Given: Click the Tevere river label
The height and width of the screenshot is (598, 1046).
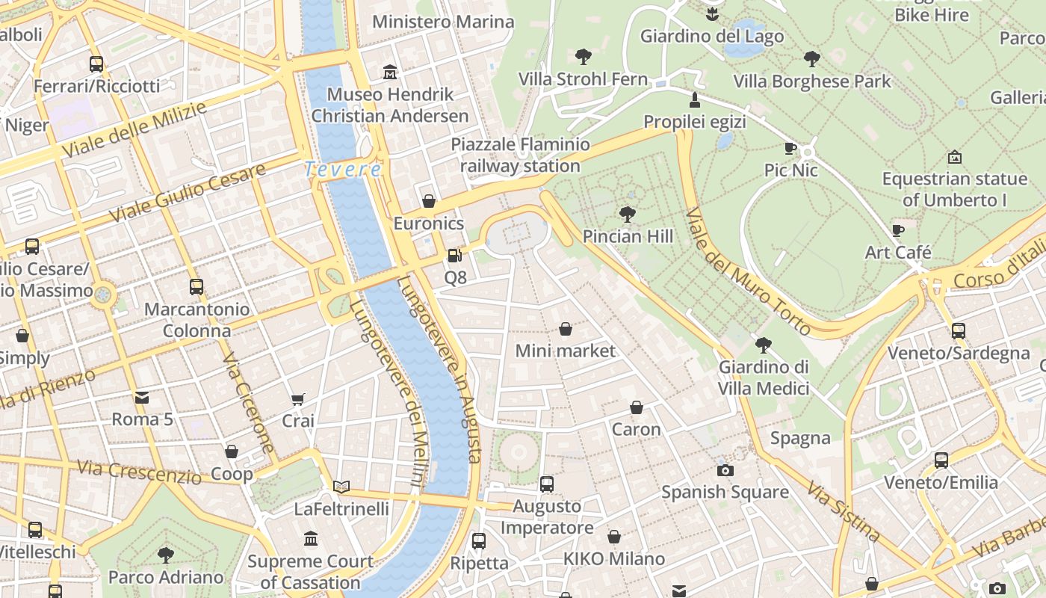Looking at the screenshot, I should tap(343, 170).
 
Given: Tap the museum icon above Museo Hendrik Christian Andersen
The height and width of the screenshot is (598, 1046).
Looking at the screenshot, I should tap(390, 73).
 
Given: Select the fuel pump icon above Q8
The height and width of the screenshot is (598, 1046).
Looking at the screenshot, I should tap(454, 256).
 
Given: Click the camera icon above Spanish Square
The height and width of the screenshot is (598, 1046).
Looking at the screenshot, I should tap(725, 470).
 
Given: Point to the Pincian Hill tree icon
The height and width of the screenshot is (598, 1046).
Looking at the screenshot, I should tap(628, 215).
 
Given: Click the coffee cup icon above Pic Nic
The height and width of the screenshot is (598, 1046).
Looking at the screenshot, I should tap(790, 148).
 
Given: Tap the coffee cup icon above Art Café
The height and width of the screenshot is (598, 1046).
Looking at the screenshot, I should tap(898, 230).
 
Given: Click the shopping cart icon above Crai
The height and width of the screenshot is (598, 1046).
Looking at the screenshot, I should tap(297, 399).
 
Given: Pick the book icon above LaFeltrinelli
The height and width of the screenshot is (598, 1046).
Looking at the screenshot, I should tap(341, 487).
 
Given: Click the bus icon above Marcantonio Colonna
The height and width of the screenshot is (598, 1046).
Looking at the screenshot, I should tap(196, 287).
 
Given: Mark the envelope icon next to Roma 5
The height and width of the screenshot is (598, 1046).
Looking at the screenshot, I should tap(142, 398).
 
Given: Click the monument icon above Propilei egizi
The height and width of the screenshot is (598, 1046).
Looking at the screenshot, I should tap(695, 99).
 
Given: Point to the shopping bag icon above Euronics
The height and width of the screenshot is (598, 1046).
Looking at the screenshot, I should tap(429, 201).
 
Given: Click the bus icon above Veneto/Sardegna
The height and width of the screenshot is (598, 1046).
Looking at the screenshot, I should tap(959, 331).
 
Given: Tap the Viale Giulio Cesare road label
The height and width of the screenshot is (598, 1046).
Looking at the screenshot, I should tap(187, 193).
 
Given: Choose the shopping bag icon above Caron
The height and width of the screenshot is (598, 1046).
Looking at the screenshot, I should tap(637, 407).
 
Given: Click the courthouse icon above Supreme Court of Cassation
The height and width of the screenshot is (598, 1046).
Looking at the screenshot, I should tap(311, 539).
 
